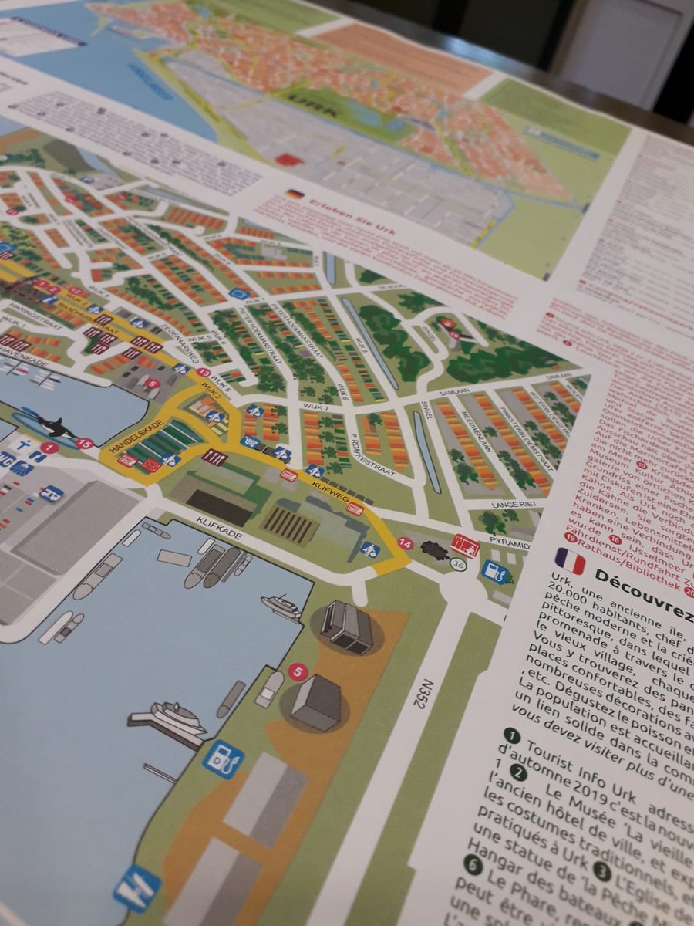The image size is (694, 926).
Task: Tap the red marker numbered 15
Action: click(85, 444)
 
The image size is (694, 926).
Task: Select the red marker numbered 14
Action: click(405, 542)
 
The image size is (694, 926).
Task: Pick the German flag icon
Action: click(294, 195)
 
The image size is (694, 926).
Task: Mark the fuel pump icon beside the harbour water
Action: click(223, 757)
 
